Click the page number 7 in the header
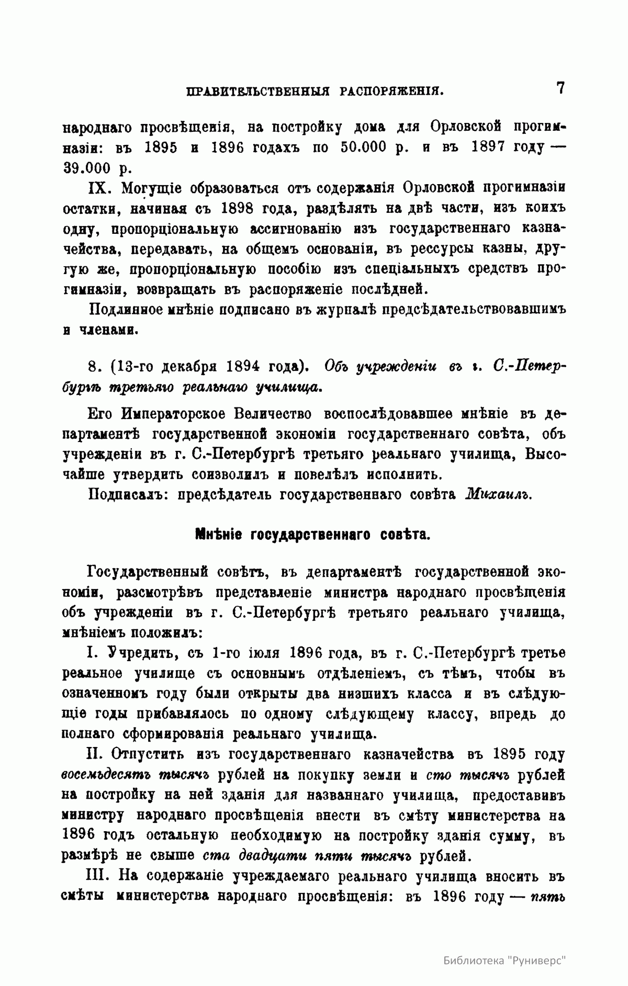[560, 88]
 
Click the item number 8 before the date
[95, 367]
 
